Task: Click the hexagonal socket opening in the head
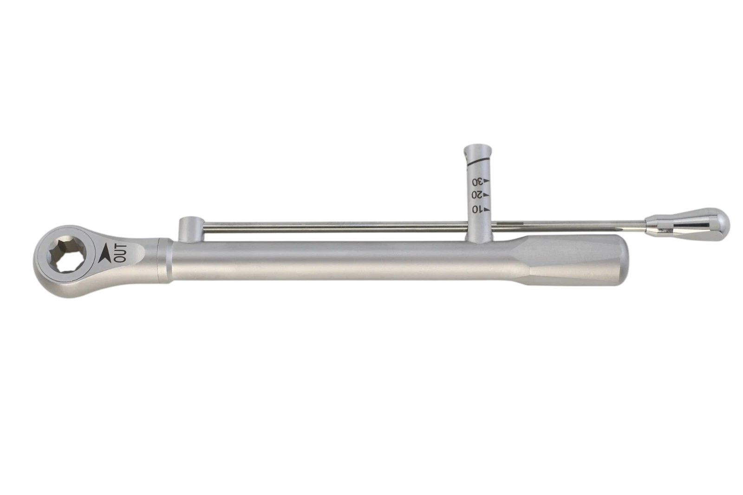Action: (x=67, y=255)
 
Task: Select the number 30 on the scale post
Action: (x=477, y=182)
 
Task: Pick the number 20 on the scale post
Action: (x=477, y=195)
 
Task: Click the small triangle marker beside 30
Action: (x=487, y=181)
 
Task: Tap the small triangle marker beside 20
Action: (x=487, y=195)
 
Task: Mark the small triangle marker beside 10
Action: (x=487, y=209)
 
